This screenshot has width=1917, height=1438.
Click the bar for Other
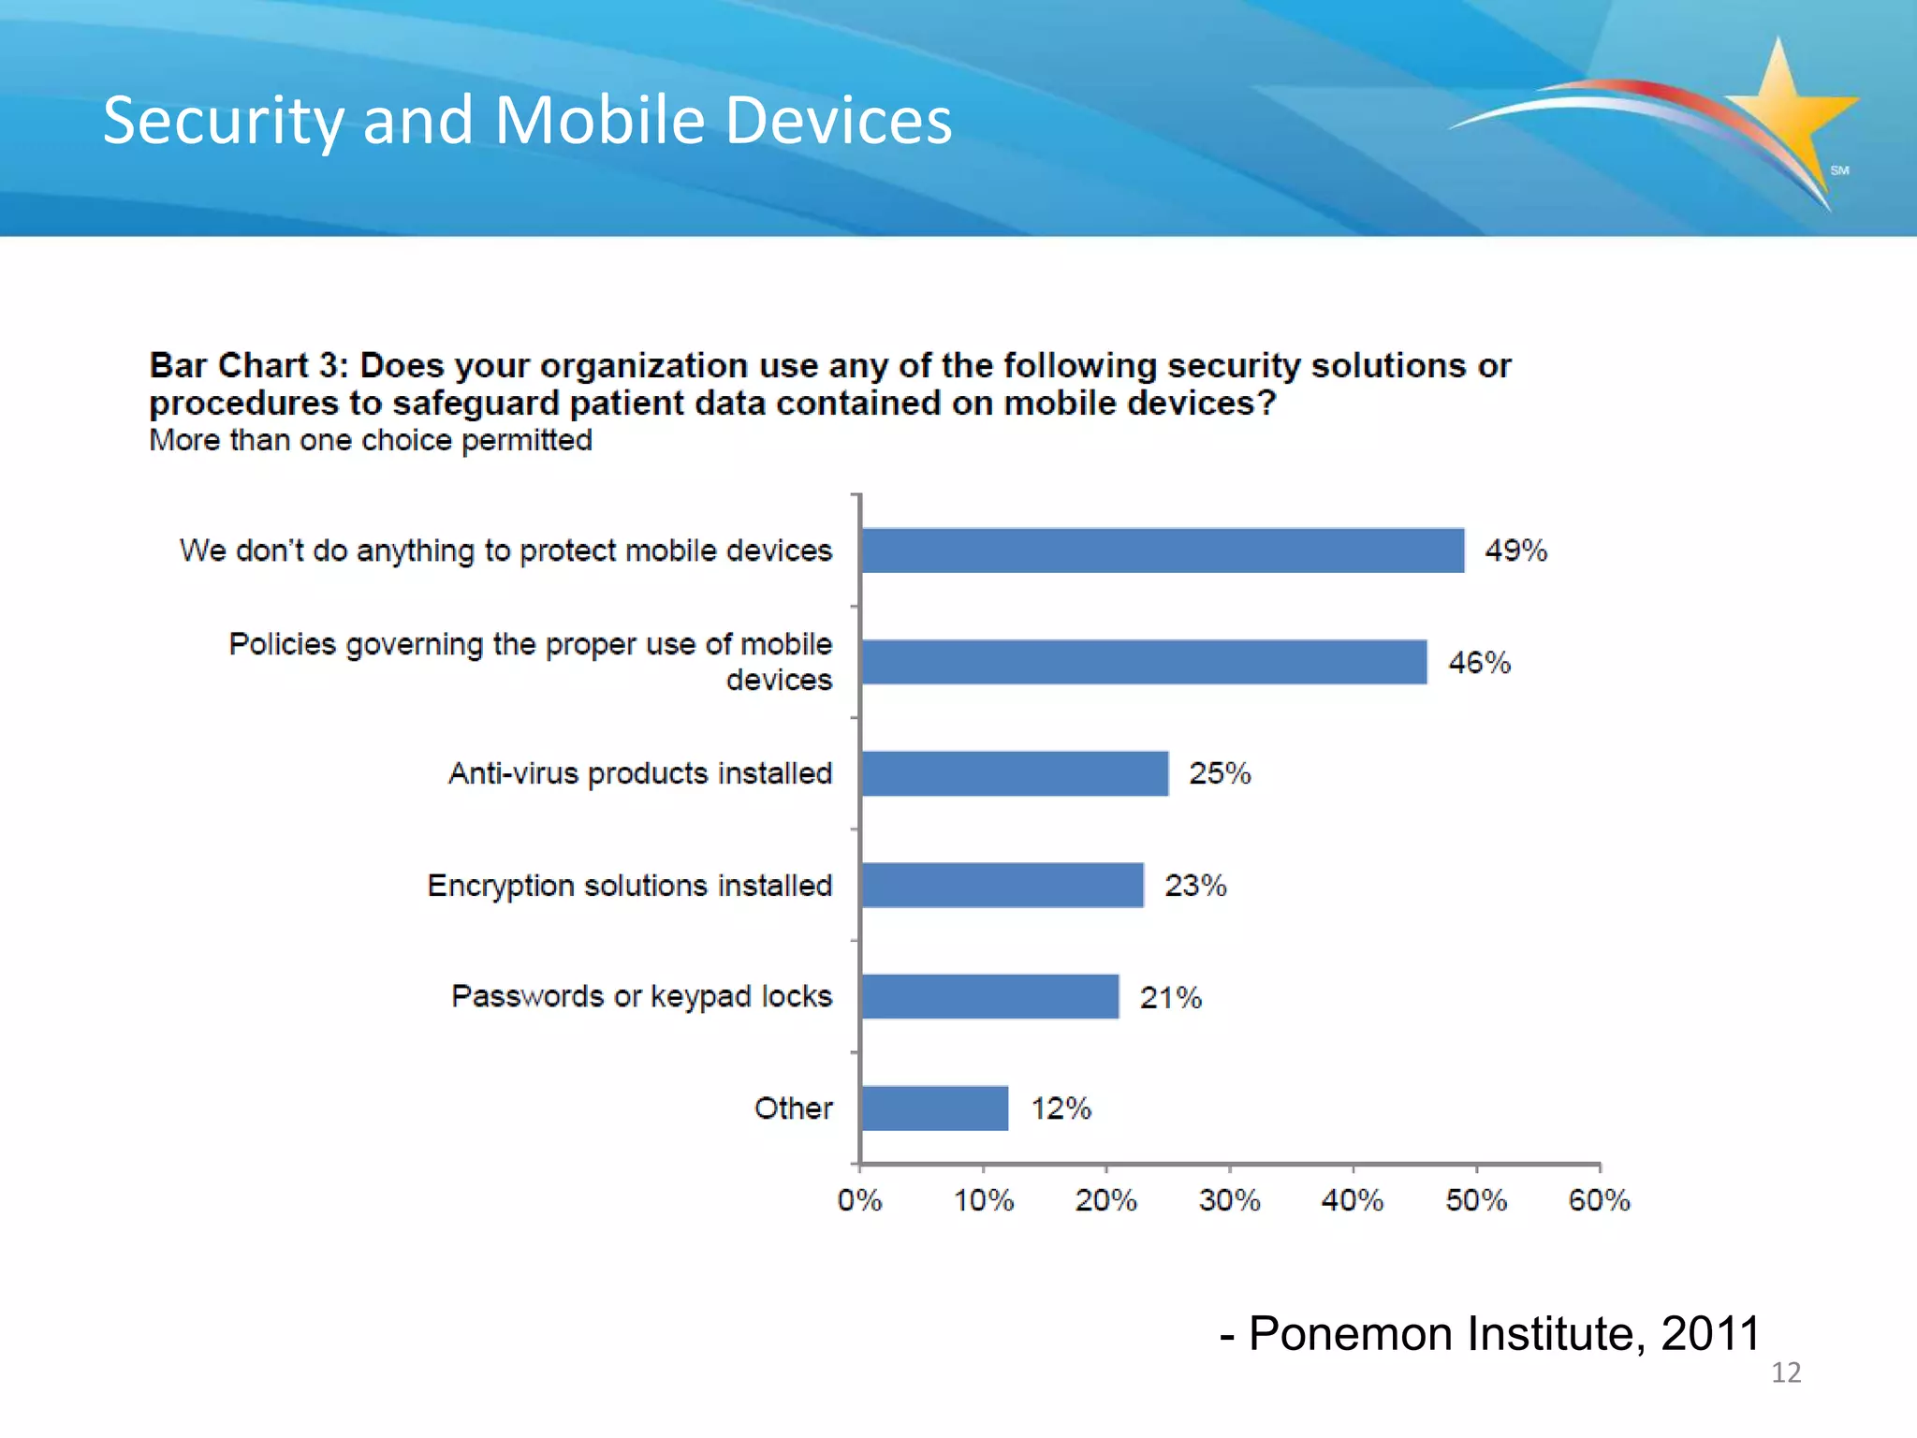click(934, 1108)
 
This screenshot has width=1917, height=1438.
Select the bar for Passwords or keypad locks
click(989, 996)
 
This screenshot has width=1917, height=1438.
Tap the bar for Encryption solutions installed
click(1002, 885)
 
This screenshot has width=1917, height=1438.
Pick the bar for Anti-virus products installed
click(1014, 773)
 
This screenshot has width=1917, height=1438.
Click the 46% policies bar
click(1143, 662)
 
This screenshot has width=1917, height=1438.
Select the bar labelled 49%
click(1162, 550)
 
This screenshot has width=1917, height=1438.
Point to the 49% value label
click(1515, 550)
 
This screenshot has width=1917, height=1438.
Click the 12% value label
click(1061, 1108)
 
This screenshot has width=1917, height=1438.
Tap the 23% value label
click(1194, 885)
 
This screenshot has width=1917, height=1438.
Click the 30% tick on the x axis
click(1229, 1200)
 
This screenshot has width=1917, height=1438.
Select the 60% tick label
click(1599, 1200)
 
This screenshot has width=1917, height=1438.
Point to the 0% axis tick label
click(859, 1200)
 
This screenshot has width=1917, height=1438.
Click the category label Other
click(793, 1108)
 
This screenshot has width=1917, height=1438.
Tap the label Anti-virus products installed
click(639, 773)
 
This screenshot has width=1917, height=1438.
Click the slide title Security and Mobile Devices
click(527, 120)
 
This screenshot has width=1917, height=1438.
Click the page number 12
click(1785, 1372)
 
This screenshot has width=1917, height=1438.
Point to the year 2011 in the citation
click(1710, 1333)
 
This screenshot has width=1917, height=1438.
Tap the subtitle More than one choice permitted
click(371, 440)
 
